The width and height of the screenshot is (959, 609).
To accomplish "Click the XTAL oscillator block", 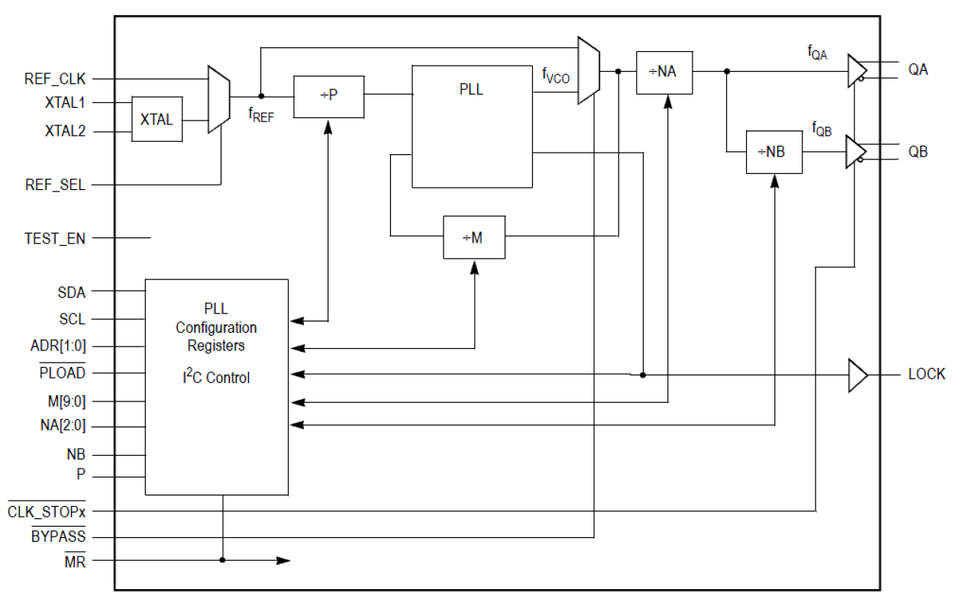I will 157,119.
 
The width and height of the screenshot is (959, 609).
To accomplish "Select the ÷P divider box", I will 328,96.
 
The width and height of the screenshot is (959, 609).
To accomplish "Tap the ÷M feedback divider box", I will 474,237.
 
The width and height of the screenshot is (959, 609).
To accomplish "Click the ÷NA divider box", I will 664,72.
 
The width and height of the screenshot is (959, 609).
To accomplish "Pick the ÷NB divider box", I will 774,152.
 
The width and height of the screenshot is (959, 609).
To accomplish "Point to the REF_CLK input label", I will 55,78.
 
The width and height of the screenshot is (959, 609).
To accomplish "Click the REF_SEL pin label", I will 55,185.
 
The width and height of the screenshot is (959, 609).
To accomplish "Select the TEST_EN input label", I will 55,238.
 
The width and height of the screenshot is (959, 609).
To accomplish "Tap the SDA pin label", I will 71,292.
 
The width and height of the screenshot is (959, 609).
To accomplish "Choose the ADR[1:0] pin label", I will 58,346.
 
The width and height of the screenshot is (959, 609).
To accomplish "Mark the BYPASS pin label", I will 58,537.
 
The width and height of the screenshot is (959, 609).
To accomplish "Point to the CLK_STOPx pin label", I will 47,511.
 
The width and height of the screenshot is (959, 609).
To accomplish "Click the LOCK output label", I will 926,374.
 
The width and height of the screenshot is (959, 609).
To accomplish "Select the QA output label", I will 918,69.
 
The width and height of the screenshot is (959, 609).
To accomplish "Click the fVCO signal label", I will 555,76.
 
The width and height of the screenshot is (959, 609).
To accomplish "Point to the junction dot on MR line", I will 223,560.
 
